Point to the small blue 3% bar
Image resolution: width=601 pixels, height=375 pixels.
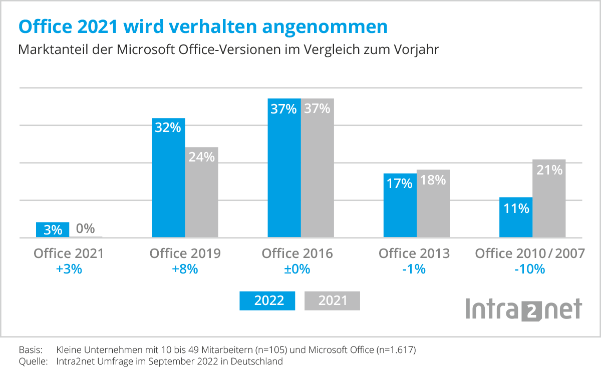click(x=53, y=229)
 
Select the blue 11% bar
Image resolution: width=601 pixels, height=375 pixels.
click(x=516, y=217)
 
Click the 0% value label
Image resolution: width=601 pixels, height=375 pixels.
click(x=86, y=229)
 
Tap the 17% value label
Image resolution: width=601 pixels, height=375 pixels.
click(x=400, y=183)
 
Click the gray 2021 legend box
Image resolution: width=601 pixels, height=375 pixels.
click(x=333, y=300)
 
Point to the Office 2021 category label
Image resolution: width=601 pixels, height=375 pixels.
click(x=69, y=253)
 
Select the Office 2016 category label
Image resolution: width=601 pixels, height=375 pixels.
click(x=297, y=253)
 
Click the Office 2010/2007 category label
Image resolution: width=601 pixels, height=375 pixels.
click(x=529, y=253)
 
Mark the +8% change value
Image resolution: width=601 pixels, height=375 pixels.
click(x=185, y=269)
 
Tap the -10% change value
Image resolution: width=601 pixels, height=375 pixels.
click(x=529, y=269)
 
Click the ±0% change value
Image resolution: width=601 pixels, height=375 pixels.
click(x=297, y=269)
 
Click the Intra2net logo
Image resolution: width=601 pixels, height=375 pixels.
click(x=524, y=309)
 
